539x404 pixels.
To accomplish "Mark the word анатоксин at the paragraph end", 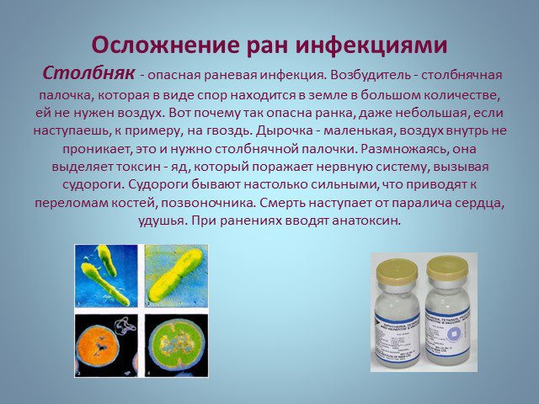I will (366, 221).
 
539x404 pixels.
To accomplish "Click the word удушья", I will (160, 221).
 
